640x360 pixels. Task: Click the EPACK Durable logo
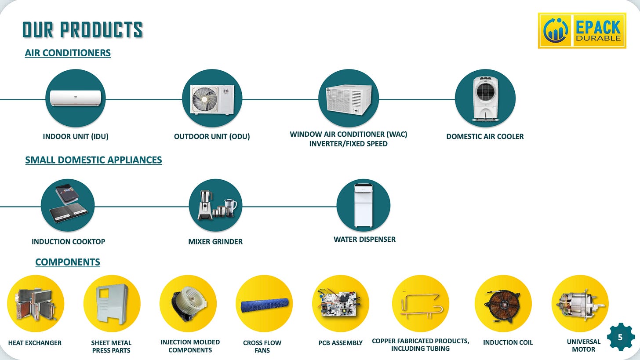[582, 30]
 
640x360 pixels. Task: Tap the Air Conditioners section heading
[68, 53]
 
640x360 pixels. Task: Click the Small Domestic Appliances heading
[94, 160]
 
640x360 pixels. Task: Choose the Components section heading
[68, 262]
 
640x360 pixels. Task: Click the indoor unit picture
[75, 98]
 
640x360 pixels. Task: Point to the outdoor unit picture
[212, 98]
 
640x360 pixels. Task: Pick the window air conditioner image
[348, 98]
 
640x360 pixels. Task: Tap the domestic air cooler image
[485, 98]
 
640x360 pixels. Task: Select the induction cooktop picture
[68, 205]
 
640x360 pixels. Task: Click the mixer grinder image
[215, 205]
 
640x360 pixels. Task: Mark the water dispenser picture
[363, 205]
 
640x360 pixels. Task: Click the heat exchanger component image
[36, 303]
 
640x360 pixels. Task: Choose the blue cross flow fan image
[264, 304]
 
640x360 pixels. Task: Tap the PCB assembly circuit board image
[340, 303]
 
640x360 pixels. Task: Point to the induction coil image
[503, 303]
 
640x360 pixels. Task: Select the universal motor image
[580, 303]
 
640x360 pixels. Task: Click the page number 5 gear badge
[620, 338]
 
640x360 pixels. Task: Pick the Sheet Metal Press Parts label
[112, 346]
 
